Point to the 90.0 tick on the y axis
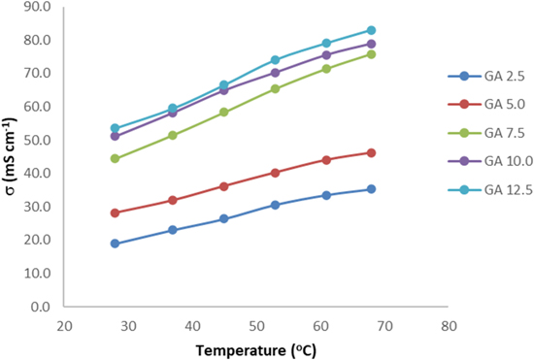click(37, 7)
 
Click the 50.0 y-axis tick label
click(37, 140)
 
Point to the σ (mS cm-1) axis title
click(11, 155)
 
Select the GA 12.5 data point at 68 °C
click(371, 30)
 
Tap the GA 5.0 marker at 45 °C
click(223, 186)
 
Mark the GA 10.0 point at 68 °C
click(371, 44)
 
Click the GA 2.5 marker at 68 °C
click(371, 189)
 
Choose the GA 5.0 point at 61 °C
click(326, 160)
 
